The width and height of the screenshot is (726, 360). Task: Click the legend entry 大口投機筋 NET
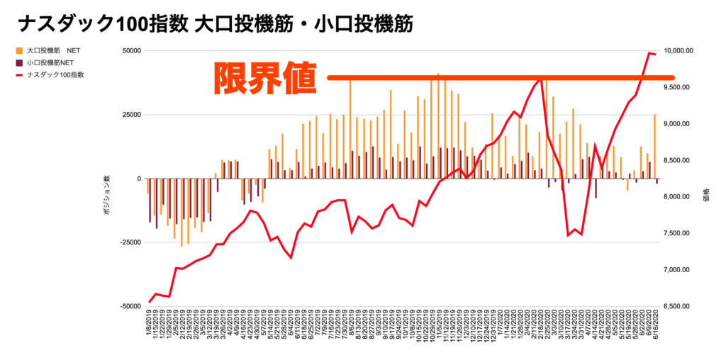tap(53, 51)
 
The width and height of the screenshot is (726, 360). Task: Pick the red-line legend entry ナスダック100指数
tap(57, 74)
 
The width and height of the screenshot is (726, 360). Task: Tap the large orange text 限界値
tap(265, 78)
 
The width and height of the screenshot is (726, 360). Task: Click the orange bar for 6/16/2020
tap(654, 146)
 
